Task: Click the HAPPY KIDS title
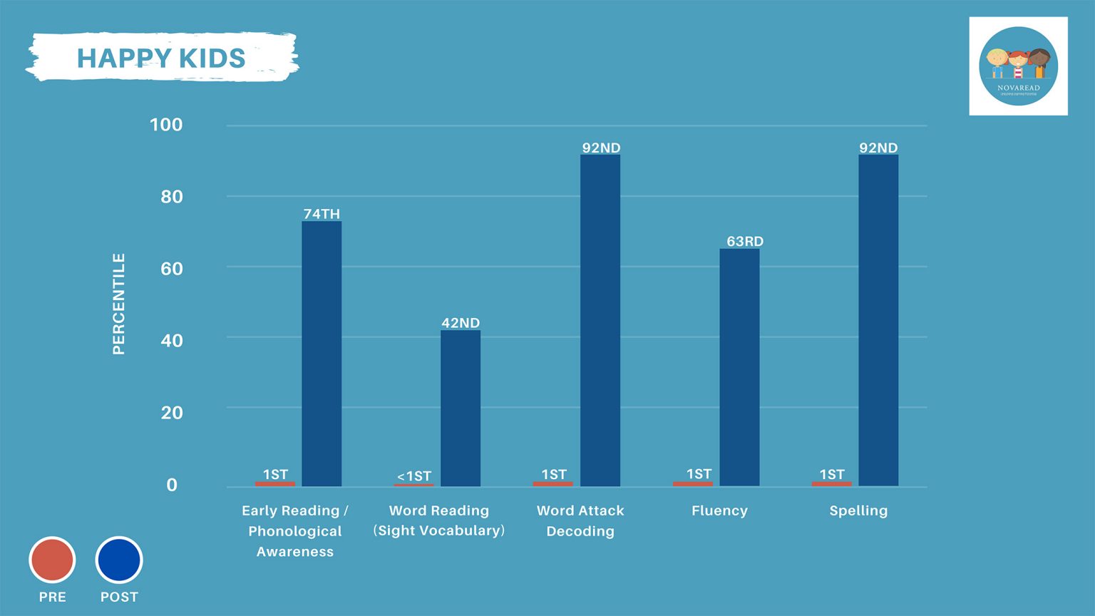tap(161, 58)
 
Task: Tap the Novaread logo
tap(1018, 66)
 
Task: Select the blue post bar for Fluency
tap(739, 367)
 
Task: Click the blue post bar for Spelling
tap(878, 321)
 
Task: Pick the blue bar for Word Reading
tap(461, 408)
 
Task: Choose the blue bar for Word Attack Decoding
tap(600, 321)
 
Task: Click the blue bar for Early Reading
tap(322, 354)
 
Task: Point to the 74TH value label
tap(322, 213)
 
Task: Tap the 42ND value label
tap(461, 322)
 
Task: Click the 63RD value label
tap(745, 241)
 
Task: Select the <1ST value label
tap(414, 476)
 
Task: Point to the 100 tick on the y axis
tap(166, 125)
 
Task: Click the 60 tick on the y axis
tap(171, 269)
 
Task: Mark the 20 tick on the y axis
tap(171, 413)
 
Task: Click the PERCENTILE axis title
tap(119, 304)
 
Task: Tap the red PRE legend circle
tap(52, 560)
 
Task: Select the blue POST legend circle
tap(119, 560)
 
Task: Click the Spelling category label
tap(858, 510)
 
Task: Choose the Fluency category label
tap(719, 510)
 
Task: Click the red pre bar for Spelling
tap(831, 484)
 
